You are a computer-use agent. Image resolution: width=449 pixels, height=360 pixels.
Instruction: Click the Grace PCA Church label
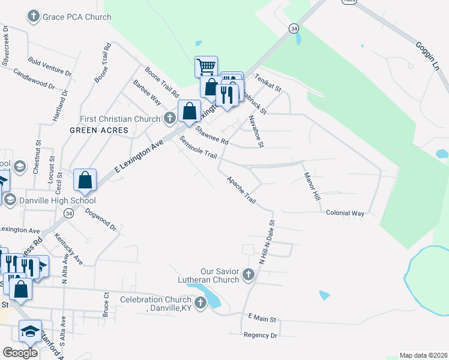click(77, 17)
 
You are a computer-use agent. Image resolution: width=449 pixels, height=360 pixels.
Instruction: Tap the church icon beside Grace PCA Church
click(34, 17)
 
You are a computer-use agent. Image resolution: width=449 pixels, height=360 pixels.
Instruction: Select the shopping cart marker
click(206, 66)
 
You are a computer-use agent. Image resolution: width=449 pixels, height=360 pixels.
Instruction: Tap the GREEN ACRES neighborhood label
click(99, 130)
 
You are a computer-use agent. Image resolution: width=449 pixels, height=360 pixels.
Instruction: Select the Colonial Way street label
click(345, 213)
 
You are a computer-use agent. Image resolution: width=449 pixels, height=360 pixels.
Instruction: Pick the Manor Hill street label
click(310, 188)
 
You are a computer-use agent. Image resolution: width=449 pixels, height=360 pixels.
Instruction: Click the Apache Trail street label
click(241, 190)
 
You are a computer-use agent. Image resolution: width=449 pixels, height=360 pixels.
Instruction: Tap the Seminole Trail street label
click(198, 148)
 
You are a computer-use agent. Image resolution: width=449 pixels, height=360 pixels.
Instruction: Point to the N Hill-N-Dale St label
click(266, 244)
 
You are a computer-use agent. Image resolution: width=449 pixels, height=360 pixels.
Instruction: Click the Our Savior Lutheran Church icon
click(249, 275)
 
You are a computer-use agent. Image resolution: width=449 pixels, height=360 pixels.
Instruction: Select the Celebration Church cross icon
click(200, 303)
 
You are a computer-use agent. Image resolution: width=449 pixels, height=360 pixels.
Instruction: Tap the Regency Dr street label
click(261, 335)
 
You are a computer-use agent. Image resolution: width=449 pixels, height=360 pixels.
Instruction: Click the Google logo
click(20, 353)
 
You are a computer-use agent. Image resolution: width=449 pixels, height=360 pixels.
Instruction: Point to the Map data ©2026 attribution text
click(423, 355)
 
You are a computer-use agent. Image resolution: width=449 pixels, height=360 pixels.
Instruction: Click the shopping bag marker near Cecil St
click(85, 180)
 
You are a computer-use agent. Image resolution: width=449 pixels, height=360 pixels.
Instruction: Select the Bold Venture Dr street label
click(50, 66)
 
